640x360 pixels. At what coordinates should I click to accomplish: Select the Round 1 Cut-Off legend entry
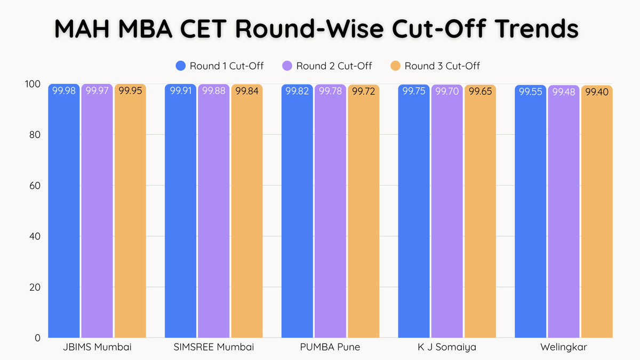pos(220,66)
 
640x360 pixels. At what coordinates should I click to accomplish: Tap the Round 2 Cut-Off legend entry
pos(327,66)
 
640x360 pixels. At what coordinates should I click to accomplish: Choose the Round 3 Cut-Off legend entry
pos(435,66)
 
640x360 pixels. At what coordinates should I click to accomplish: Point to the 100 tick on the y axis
pos(33,84)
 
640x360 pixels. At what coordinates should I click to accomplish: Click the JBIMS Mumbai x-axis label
pos(97,347)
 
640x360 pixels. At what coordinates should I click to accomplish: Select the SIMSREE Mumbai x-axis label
pos(213,347)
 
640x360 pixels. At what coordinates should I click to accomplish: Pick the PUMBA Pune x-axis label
pos(330,347)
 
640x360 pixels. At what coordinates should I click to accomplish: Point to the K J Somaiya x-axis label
pos(447,347)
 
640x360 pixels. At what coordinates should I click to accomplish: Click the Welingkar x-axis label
pos(564,347)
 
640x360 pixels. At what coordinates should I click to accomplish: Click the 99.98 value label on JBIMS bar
pos(63,91)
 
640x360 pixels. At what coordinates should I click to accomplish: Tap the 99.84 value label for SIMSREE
pos(246,91)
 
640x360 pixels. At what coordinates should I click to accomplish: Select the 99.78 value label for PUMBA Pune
pos(330,91)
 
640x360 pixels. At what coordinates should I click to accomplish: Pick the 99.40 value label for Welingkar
pos(597,92)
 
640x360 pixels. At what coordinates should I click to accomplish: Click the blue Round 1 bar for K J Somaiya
pos(414,213)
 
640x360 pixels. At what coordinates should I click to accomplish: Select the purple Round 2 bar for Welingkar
pos(564,213)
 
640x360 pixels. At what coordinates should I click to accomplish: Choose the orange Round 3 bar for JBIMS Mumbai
pos(130,213)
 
